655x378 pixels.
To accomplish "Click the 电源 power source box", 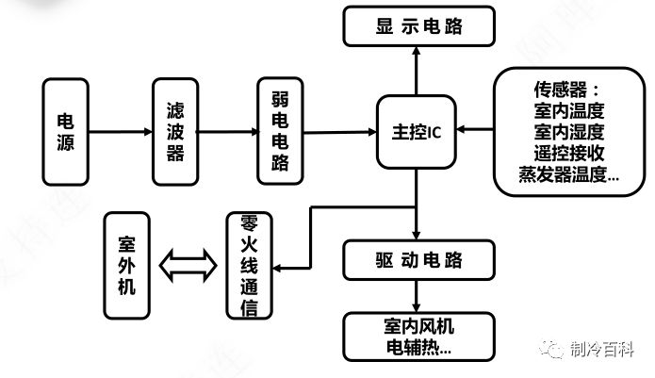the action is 66,132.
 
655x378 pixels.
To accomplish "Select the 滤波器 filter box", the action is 175,132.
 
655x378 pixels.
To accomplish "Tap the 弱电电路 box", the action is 280,131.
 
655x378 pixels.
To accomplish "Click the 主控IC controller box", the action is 416,132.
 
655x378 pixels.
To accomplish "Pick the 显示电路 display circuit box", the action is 419,25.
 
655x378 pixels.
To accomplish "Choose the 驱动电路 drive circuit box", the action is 419,260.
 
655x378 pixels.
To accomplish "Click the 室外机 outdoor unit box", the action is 126,266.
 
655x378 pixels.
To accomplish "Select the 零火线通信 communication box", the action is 249,266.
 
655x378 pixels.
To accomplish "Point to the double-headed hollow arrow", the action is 188,266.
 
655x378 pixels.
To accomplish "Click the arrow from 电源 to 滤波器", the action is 121,132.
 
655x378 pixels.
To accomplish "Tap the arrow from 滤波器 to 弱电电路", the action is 228,132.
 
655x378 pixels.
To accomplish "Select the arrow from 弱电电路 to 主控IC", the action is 339,132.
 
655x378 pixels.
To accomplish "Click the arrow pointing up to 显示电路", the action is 416,71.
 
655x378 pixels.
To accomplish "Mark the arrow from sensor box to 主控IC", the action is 475,129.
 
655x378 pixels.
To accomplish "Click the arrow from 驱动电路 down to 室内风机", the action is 416,296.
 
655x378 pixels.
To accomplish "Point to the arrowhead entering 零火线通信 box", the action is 276,268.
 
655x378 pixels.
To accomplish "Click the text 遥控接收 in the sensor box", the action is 569,154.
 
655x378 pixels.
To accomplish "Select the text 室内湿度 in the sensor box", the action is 569,132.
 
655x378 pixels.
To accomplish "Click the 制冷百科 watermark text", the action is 602,349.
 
